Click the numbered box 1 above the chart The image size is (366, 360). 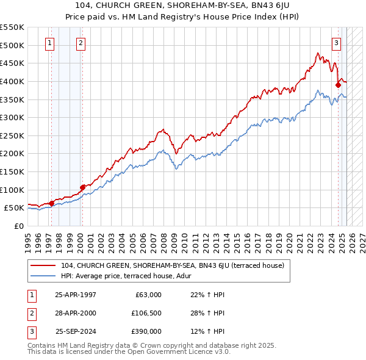coord(49,43)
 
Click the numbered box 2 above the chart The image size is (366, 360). coord(81,43)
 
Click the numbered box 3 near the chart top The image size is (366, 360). coord(336,43)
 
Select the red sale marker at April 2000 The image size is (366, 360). coord(82,187)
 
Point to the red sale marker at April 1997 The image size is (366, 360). coord(51,203)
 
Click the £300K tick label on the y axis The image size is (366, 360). coord(12,117)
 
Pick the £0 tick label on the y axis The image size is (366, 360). coord(18,226)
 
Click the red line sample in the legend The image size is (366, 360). coord(43,265)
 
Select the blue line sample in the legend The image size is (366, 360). coord(43,276)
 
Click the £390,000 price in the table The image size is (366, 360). coord(147,331)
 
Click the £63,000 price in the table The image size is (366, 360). coord(149,295)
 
